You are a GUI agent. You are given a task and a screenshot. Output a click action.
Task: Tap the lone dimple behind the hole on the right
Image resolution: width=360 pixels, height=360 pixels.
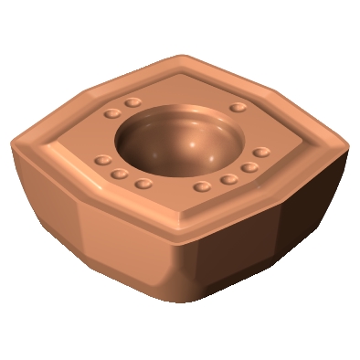(238, 108)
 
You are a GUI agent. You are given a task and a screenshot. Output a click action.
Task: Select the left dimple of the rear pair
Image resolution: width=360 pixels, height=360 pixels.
(113, 113)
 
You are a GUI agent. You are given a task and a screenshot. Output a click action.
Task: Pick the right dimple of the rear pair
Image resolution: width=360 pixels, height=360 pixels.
(134, 101)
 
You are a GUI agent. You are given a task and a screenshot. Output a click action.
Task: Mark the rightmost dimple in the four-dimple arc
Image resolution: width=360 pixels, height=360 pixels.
(261, 152)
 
